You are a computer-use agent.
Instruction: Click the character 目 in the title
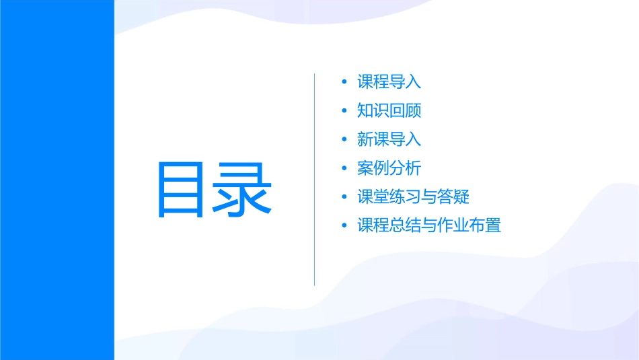(184, 189)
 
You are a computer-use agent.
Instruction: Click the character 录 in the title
(244, 189)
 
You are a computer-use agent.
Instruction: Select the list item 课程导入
(389, 82)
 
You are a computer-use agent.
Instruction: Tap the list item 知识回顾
(389, 111)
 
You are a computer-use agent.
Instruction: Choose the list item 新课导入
(389, 139)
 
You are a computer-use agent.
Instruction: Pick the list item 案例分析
(389, 168)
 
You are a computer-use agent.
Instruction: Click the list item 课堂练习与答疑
(413, 196)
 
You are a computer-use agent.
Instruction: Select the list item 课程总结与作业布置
(429, 225)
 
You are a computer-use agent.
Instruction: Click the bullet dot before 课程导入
(344, 82)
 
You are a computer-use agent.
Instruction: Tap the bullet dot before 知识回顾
(344, 111)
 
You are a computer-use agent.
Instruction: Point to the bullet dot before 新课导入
(344, 139)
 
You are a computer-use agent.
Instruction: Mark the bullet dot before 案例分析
(344, 168)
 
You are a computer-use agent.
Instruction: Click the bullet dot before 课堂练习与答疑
(344, 196)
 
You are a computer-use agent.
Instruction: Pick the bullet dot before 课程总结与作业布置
(344, 225)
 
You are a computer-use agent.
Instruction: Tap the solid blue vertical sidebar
(57, 180)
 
